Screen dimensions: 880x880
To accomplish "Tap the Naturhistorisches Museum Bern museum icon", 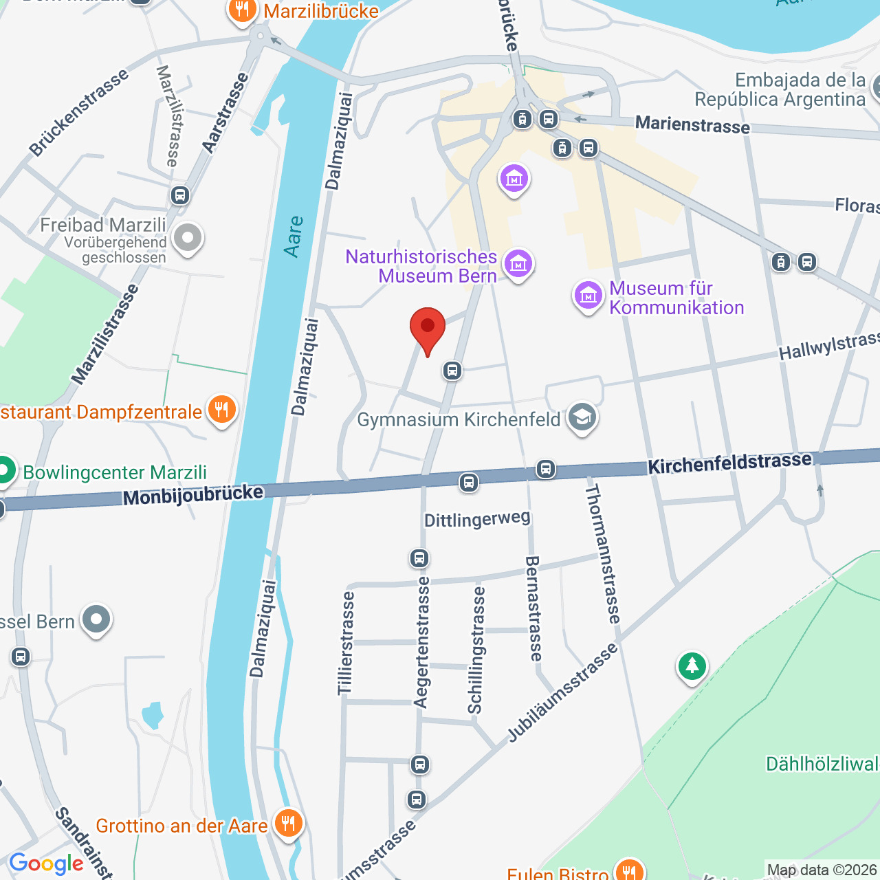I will pyautogui.click(x=518, y=263).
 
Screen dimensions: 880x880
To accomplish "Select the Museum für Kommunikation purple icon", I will pyautogui.click(x=588, y=296).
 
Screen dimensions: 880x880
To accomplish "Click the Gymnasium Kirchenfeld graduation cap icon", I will pyautogui.click(x=582, y=417).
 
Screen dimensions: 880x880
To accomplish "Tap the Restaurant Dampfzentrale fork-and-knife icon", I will pyautogui.click(x=221, y=410).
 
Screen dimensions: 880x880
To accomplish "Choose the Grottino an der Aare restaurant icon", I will pyautogui.click(x=288, y=822).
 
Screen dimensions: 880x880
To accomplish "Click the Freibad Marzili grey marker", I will pyautogui.click(x=187, y=239).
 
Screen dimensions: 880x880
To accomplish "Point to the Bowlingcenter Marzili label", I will pyautogui.click(x=115, y=472).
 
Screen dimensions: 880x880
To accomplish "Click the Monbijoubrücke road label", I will pyautogui.click(x=193, y=494).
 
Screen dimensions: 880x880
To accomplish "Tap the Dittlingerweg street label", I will pyautogui.click(x=477, y=519).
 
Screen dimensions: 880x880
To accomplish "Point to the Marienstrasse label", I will pyautogui.click(x=692, y=124).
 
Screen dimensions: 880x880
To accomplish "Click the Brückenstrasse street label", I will pyautogui.click(x=78, y=112).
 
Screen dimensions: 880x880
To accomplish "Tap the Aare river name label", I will pyautogui.click(x=294, y=236).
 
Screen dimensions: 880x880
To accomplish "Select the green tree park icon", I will pyautogui.click(x=692, y=665).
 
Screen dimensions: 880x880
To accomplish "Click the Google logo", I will pyautogui.click(x=46, y=863).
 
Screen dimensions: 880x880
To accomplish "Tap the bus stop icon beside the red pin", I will pyautogui.click(x=452, y=371).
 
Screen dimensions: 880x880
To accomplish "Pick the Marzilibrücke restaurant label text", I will pyautogui.click(x=321, y=11).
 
